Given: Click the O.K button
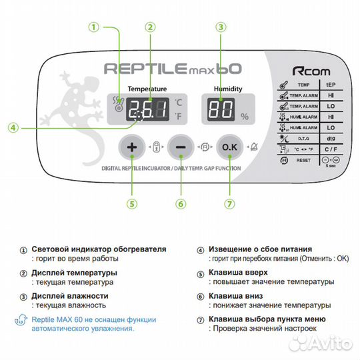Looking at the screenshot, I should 229,146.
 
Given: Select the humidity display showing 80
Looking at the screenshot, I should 218,109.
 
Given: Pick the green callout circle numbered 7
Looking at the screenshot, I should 229,203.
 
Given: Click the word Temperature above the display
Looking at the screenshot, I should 147,89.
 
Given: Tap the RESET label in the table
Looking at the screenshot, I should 303,161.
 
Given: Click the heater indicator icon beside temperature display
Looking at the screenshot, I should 118,103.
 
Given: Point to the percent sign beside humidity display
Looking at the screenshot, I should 245,117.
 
